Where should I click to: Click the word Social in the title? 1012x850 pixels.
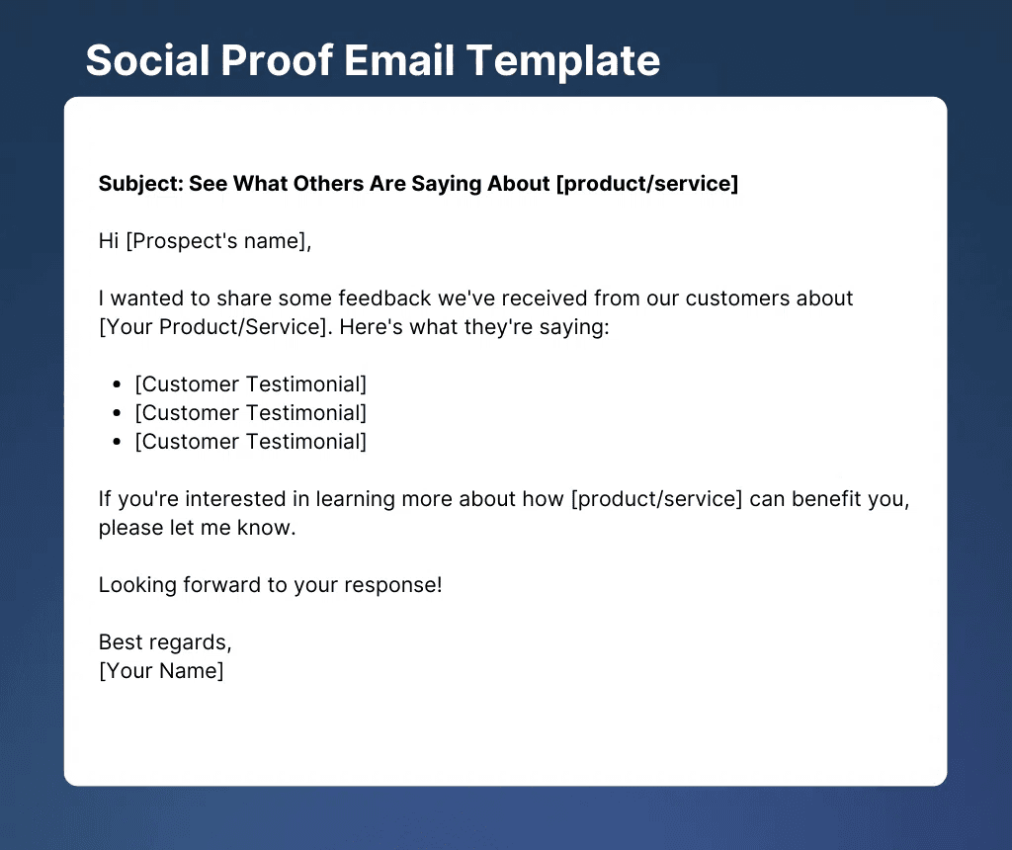pyautogui.click(x=148, y=60)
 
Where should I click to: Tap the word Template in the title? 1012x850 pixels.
pyautogui.click(x=563, y=61)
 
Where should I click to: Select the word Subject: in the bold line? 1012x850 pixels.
pyautogui.click(x=141, y=184)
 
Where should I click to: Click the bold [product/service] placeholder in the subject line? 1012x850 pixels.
pyautogui.click(x=647, y=184)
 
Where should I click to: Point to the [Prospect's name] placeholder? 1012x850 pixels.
pyautogui.click(x=218, y=241)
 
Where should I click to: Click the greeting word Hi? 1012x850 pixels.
pyautogui.click(x=109, y=241)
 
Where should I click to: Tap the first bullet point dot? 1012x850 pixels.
pyautogui.click(x=117, y=384)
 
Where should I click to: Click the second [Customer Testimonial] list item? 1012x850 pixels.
pyautogui.click(x=250, y=413)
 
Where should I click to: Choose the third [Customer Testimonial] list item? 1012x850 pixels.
pyautogui.click(x=250, y=442)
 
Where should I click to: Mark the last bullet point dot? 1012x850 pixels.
pyautogui.click(x=117, y=442)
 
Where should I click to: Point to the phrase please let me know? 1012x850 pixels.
pyautogui.click(x=197, y=528)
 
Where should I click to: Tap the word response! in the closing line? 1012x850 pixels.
pyautogui.click(x=393, y=586)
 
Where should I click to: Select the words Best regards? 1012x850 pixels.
pyautogui.click(x=165, y=642)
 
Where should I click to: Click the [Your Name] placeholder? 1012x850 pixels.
pyautogui.click(x=161, y=671)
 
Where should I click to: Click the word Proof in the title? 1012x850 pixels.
pyautogui.click(x=277, y=60)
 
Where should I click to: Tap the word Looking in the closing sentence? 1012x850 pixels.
pyautogui.click(x=137, y=586)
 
